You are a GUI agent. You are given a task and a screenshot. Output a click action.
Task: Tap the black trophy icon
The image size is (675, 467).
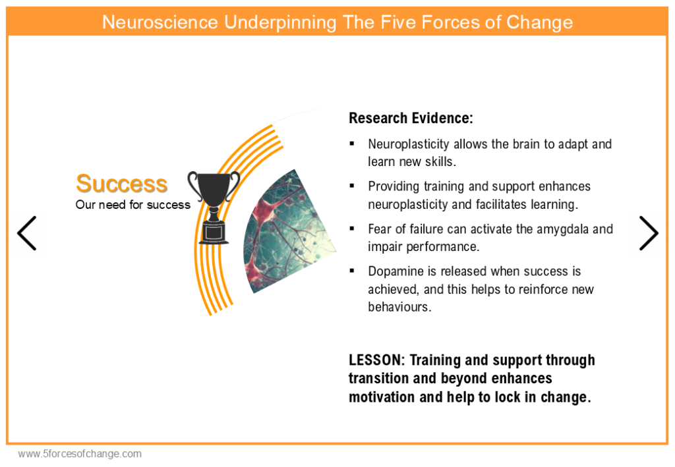coord(214,207)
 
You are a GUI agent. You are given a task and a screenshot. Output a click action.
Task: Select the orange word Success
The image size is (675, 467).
coord(121,184)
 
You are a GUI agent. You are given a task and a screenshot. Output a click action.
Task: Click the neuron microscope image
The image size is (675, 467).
coord(287,233)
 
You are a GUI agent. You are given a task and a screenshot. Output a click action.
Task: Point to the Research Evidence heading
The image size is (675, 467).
coord(411,118)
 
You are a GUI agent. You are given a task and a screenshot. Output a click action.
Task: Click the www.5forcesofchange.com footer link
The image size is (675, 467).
coord(80,454)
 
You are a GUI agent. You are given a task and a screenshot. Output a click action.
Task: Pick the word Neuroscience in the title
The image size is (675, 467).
coord(160,22)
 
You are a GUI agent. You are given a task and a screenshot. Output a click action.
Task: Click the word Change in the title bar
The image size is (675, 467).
coord(539,22)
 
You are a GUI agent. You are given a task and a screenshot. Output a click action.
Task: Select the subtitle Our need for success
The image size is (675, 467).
coord(132,205)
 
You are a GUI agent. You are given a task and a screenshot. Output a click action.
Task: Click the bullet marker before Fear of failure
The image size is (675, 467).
coord(352,229)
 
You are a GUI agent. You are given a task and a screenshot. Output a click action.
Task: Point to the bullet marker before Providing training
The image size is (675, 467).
coord(352,186)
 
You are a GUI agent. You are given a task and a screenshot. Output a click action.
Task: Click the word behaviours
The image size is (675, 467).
coord(399,307)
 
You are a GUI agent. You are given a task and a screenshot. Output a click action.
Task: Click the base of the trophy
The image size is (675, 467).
coord(214,233)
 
